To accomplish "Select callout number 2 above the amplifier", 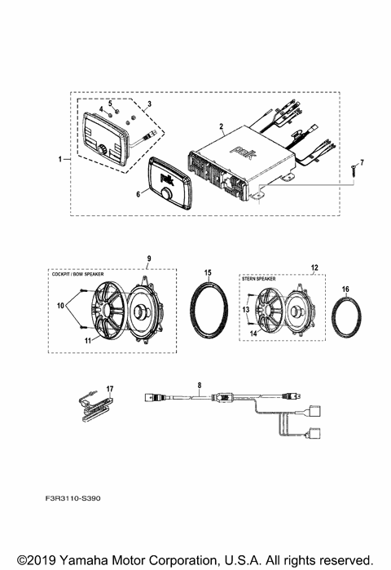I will click(x=221, y=126).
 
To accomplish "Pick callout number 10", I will click(x=59, y=305).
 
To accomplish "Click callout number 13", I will click(x=244, y=310).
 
